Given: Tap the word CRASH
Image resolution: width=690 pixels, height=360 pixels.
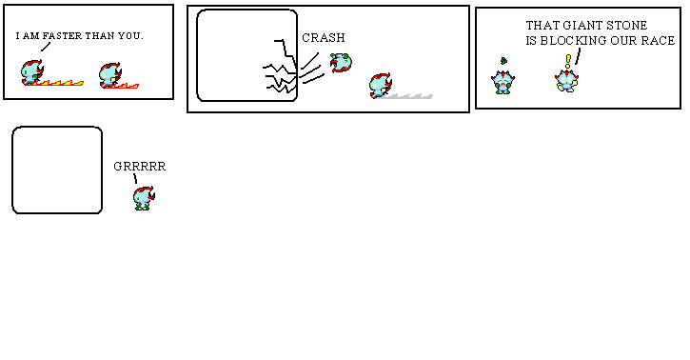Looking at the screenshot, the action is click(324, 38).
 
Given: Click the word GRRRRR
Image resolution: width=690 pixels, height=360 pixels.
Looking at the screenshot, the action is click(140, 166).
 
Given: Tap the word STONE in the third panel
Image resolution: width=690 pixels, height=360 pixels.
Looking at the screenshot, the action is click(627, 26).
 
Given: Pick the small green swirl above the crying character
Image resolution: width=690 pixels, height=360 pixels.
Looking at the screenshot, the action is click(503, 61).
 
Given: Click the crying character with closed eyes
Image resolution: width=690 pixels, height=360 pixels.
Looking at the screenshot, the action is click(502, 81).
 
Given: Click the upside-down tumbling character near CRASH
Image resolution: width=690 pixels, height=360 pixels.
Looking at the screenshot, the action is click(342, 64).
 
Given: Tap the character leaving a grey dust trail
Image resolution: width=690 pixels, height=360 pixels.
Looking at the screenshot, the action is click(381, 86).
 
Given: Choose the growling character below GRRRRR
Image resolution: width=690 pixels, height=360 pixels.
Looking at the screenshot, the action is click(144, 197).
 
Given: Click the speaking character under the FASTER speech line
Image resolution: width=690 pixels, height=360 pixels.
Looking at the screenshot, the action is click(32, 72).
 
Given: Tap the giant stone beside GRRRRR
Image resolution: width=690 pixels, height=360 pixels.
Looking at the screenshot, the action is click(57, 170).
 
